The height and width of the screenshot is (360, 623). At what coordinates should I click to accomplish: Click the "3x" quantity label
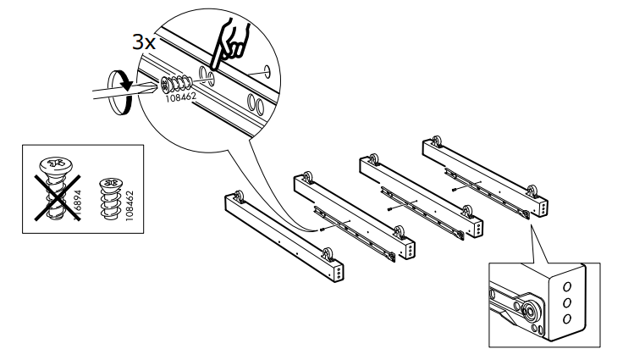(x=143, y=42)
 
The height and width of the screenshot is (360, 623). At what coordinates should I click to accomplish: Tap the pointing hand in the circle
(x=229, y=43)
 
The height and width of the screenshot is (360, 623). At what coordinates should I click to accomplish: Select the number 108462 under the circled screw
(x=181, y=97)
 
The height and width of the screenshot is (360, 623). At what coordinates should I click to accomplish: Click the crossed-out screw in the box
(x=56, y=187)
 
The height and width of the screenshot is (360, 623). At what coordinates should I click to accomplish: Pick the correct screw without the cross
(x=111, y=198)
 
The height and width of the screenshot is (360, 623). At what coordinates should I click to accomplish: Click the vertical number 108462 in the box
(x=130, y=206)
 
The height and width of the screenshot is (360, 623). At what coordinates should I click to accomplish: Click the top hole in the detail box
(x=567, y=286)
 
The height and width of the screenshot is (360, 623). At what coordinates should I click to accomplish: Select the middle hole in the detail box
(x=567, y=302)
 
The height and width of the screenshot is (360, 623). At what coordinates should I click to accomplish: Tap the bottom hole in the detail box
(x=567, y=318)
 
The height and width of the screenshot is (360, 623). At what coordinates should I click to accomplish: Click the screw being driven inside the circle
(x=177, y=83)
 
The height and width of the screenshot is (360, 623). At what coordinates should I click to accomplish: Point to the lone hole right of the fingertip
(x=266, y=71)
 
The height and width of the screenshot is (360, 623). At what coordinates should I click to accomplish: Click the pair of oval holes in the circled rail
(x=256, y=103)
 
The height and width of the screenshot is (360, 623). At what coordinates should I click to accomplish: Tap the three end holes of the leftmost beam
(x=339, y=272)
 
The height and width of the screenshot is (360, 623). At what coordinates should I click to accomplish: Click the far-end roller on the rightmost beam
(x=437, y=141)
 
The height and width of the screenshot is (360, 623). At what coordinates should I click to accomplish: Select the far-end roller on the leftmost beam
(x=239, y=197)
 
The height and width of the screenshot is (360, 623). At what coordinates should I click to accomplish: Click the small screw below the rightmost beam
(x=455, y=189)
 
